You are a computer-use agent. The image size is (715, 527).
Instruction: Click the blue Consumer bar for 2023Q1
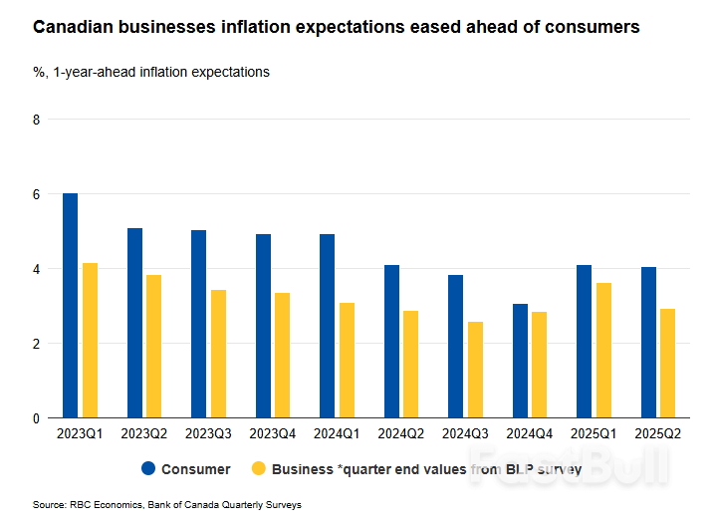coord(70,306)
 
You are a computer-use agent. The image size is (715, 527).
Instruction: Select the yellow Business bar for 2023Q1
coord(90,341)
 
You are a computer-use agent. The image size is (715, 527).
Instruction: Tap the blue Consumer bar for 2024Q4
coord(520,361)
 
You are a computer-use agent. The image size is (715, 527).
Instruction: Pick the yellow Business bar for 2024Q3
coord(475,370)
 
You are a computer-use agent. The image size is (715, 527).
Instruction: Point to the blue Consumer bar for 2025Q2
coord(648,343)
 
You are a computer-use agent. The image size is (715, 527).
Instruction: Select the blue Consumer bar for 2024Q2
coord(391,342)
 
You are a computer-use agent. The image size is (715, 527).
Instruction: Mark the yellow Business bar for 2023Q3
coord(218,354)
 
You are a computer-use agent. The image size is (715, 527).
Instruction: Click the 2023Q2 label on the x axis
coord(144,434)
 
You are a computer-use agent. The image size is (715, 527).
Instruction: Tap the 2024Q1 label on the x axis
coord(338,434)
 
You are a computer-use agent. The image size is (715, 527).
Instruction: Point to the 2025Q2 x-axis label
coord(658,434)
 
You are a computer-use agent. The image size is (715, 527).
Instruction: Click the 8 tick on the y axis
coord(37,120)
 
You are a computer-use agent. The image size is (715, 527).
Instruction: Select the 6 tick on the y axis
coord(37,194)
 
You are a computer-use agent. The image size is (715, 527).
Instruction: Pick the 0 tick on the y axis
coord(37,418)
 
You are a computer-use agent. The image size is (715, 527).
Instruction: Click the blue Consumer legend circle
coord(148,469)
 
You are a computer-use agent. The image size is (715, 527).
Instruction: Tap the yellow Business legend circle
coord(259,469)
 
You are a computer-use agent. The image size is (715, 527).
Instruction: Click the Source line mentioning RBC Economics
coord(166,505)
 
